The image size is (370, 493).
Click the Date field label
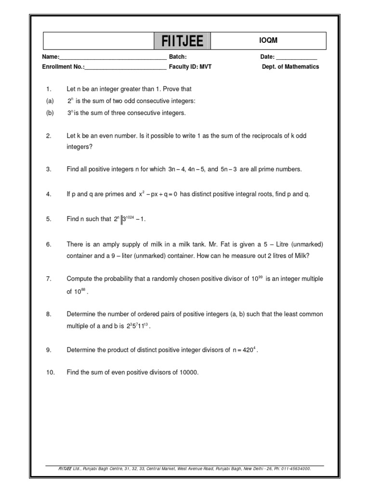pos(267,57)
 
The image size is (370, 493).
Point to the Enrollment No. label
pos(63,67)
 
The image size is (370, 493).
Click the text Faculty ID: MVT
pos(190,67)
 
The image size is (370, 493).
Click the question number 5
pos(49,219)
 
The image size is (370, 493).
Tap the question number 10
pos(50,373)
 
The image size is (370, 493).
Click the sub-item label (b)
pos(50,113)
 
